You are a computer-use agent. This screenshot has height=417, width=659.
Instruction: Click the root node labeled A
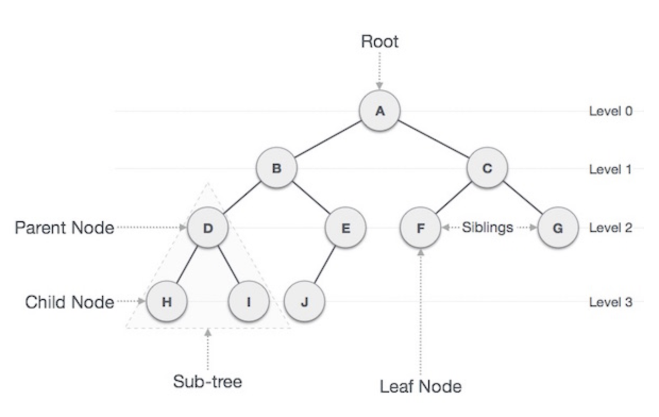coord(379,111)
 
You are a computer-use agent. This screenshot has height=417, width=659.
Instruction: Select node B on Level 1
coord(276,169)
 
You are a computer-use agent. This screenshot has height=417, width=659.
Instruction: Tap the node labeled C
coord(487,169)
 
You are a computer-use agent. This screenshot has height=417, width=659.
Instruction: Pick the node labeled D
coord(208,228)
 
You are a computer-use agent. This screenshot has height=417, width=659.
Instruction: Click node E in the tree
coord(345,228)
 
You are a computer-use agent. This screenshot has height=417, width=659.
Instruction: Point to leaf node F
coord(420,228)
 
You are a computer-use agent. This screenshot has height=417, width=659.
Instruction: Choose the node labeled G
coord(557,228)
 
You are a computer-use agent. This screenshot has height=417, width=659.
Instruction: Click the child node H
coord(166,302)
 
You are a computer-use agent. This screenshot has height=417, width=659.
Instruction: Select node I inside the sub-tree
coord(248,302)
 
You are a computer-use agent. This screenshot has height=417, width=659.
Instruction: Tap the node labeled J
coord(304,302)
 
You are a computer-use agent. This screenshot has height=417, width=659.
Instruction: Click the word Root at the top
coord(379,41)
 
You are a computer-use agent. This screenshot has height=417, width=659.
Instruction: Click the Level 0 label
coord(611,111)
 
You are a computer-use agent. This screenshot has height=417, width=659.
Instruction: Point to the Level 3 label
coord(611,303)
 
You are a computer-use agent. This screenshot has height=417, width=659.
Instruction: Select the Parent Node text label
coord(64,228)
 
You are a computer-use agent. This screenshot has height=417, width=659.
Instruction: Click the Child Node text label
coord(70,303)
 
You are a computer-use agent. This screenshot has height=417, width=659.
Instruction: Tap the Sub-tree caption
coord(207,381)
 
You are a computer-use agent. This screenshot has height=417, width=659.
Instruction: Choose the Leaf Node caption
coord(420,387)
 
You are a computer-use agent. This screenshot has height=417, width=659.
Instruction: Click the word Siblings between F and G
coord(487,228)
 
